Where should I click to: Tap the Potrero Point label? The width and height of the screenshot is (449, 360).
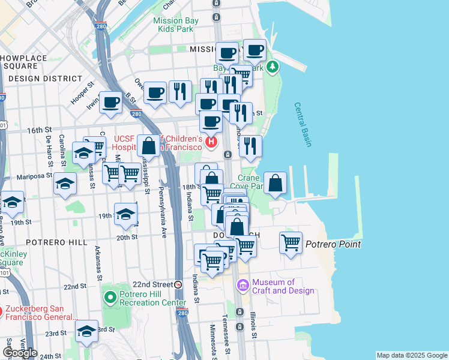pos(333,244)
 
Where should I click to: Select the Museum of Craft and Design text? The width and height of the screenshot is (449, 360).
pos(283,287)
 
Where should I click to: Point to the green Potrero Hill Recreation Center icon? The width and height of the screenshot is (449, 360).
pos(110,296)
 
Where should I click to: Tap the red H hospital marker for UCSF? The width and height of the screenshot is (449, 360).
pos(211,142)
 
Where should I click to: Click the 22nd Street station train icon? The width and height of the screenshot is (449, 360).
pos(178,284)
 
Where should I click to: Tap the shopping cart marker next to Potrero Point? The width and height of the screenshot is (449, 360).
pos(291,243)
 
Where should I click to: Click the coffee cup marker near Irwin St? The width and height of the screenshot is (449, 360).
pos(111,102)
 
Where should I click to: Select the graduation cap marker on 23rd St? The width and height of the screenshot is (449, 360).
pos(86,331)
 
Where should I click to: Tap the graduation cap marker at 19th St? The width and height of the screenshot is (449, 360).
pos(125,214)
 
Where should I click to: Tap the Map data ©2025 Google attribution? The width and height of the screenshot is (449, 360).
pos(411,355)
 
